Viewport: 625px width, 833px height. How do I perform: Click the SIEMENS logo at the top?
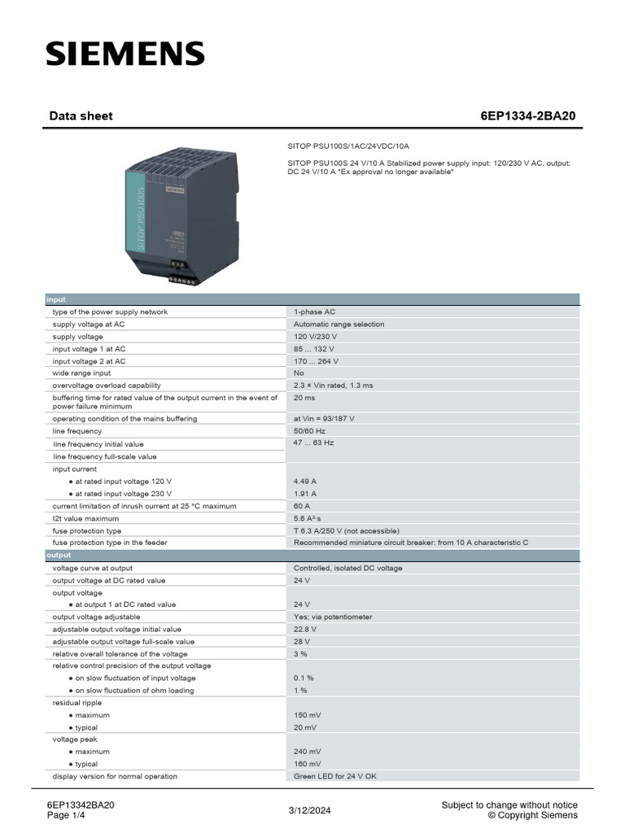(x=125, y=54)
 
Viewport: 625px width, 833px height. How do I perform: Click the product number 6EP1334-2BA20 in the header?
(x=527, y=116)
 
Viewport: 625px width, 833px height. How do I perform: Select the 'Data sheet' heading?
(x=81, y=116)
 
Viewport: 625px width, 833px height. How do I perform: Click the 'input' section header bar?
(x=312, y=299)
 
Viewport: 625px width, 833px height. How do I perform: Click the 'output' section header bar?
(x=312, y=555)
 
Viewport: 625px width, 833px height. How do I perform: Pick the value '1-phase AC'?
(x=314, y=312)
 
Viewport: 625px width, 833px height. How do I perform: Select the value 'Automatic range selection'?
(x=339, y=324)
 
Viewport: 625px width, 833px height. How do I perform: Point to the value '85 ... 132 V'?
(x=317, y=348)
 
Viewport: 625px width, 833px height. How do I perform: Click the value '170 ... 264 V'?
(x=317, y=360)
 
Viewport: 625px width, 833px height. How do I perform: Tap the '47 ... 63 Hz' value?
(x=313, y=443)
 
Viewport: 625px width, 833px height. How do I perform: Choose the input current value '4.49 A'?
(x=305, y=481)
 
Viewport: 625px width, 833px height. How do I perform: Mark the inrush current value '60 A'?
(x=302, y=505)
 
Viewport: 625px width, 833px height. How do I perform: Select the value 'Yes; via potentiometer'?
(x=333, y=617)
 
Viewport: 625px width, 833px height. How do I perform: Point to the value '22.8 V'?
(x=305, y=629)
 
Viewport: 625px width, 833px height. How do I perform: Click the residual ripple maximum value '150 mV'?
(x=307, y=715)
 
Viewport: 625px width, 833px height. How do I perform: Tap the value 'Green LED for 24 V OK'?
(x=335, y=776)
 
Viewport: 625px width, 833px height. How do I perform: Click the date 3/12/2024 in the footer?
(x=310, y=810)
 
